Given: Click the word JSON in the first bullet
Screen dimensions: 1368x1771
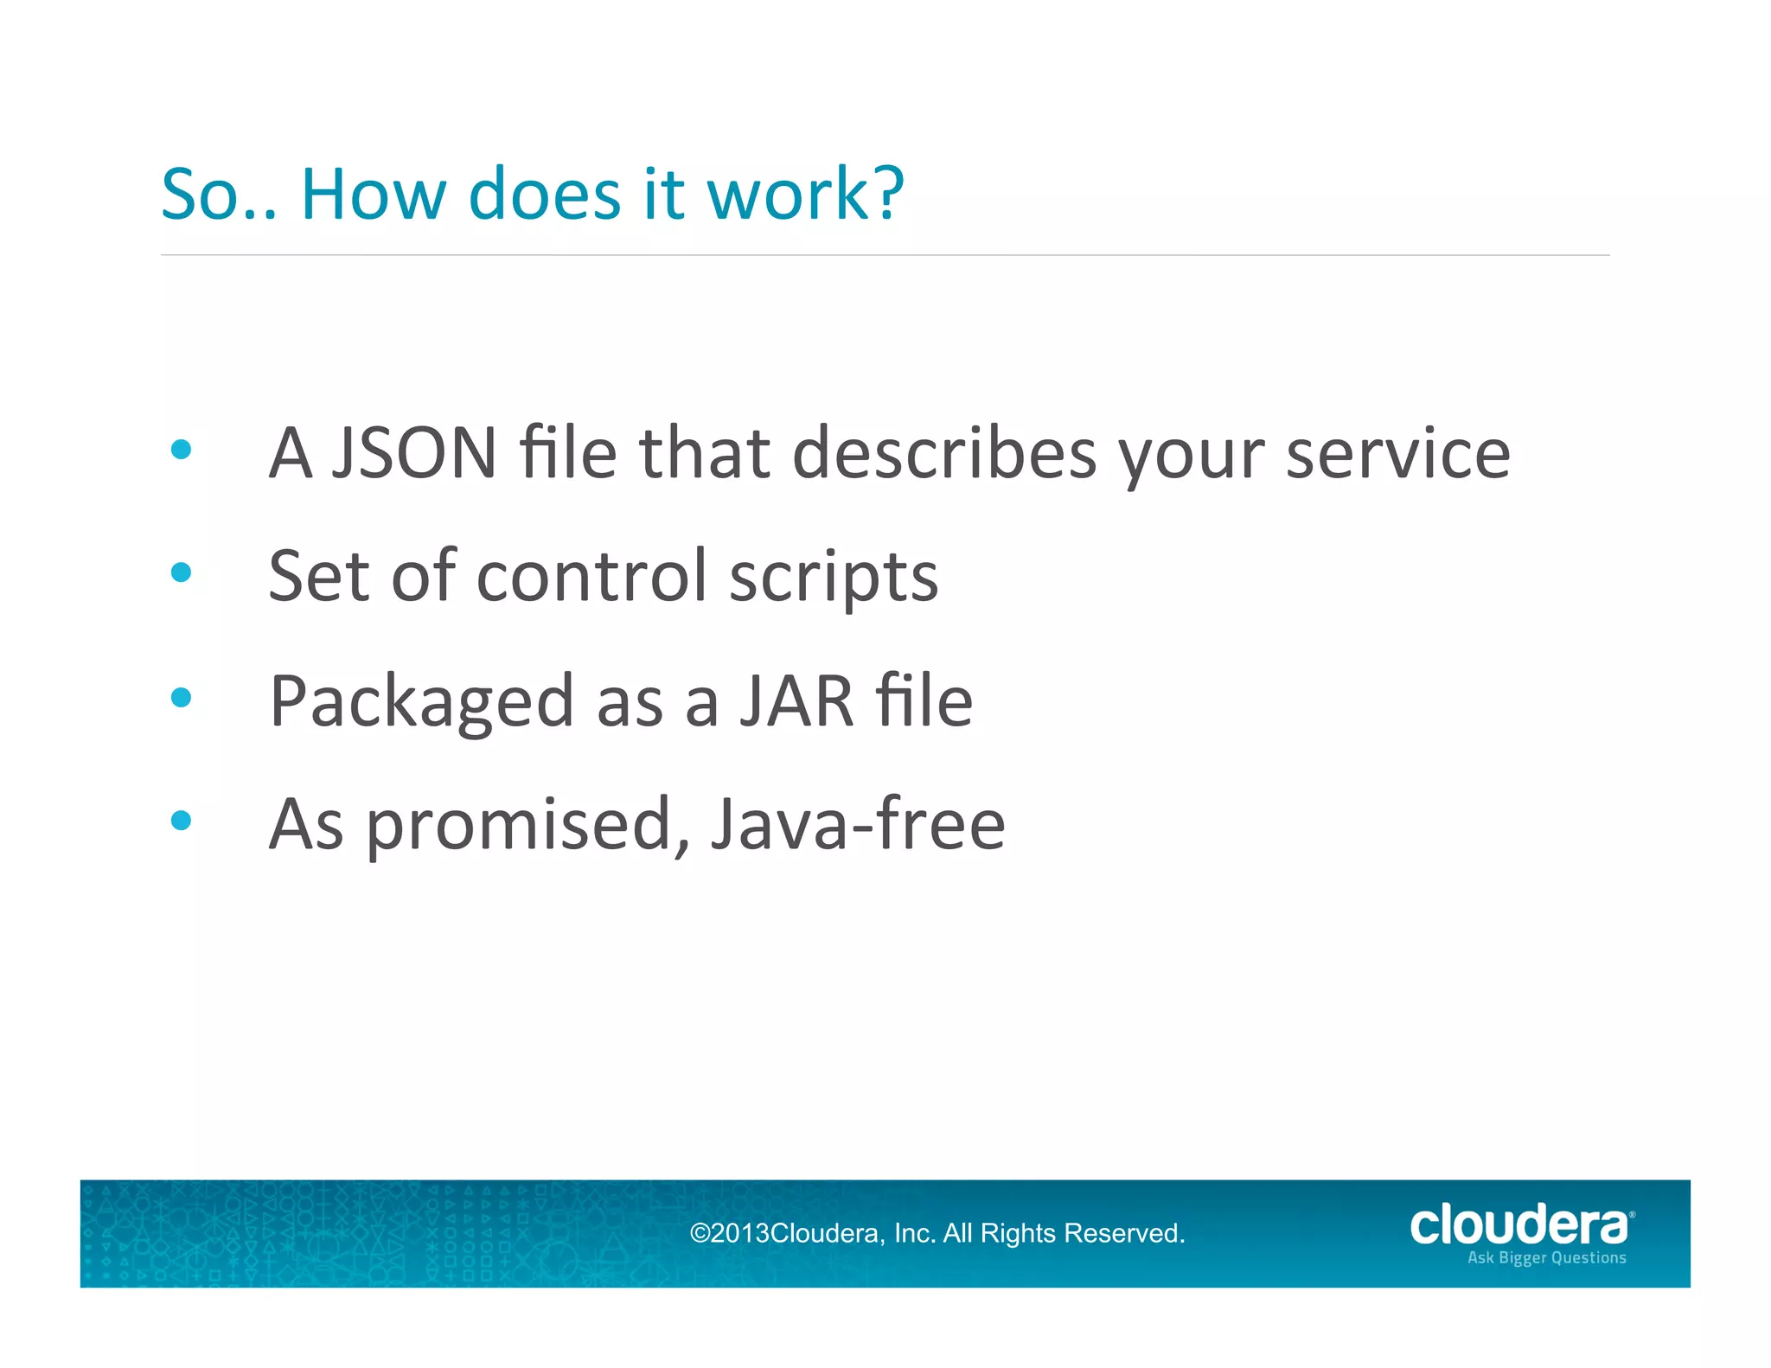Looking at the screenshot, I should [x=415, y=452].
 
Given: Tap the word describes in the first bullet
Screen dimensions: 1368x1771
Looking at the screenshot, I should [x=943, y=452].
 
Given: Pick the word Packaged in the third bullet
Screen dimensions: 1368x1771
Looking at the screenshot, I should [x=421, y=702].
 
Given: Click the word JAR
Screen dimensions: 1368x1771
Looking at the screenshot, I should [x=796, y=700].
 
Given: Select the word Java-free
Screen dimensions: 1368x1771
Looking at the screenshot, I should [x=857, y=824].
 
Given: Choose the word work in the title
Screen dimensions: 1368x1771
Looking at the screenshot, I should [x=787, y=194].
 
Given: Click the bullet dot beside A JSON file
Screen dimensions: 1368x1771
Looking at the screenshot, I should [x=181, y=449].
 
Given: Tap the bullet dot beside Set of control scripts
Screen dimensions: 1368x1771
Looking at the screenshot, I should [x=181, y=572].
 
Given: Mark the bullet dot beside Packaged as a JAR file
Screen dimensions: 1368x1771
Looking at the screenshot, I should [x=181, y=697].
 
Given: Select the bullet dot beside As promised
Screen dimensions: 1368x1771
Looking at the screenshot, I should [x=181, y=821].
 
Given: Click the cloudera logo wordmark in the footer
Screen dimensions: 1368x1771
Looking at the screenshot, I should [x=1518, y=1225].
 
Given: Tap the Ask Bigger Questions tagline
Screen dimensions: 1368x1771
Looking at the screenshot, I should [x=1546, y=1258].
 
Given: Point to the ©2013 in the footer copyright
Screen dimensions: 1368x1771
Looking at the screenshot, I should [x=728, y=1233].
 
